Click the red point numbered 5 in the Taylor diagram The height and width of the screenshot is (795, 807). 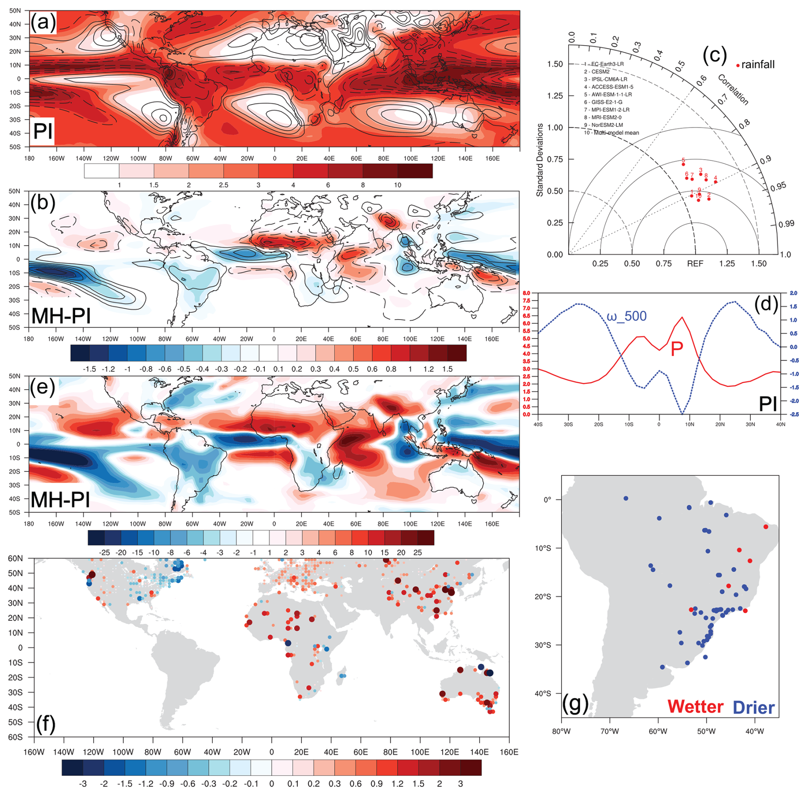tap(683, 164)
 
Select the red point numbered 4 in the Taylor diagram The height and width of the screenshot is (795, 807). tap(715, 182)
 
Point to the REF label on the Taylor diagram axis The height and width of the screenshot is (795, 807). tap(695, 264)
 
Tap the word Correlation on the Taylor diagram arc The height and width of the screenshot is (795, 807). tap(733, 90)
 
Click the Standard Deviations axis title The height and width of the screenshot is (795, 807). tap(540, 160)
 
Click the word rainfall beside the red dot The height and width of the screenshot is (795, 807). tap(758, 65)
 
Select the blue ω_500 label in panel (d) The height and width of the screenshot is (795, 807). tap(626, 316)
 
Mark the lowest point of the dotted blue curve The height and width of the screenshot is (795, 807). tap(682, 414)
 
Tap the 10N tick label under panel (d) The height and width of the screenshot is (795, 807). tap(689, 425)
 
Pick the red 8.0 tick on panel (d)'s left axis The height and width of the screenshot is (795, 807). tap(526, 293)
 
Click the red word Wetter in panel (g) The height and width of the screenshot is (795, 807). tap(695, 707)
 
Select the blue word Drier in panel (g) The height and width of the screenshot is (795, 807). tap(753, 708)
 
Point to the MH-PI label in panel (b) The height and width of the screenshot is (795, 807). tap(61, 316)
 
